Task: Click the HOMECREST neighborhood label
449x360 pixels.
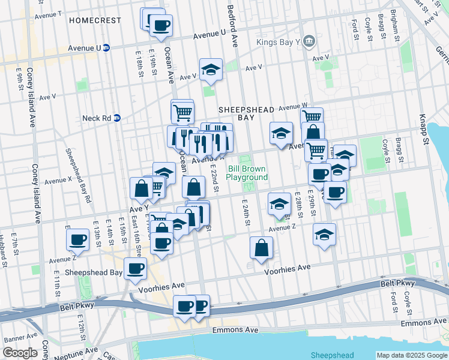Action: pos(95,20)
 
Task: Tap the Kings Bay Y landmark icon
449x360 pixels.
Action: pos(309,41)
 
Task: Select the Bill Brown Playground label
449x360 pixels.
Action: pos(247,173)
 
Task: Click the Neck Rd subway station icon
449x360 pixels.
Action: pos(118,118)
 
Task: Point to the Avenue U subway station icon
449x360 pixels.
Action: pos(106,47)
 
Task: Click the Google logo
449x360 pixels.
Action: pos(20,353)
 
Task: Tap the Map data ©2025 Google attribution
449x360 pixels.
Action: pos(412,355)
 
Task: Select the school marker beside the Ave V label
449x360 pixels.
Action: pos(211,70)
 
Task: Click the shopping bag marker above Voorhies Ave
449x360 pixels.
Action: pos(261,248)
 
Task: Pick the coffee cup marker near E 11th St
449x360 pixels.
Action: pos(77,240)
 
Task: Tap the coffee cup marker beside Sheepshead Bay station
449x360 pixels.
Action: pos(135,268)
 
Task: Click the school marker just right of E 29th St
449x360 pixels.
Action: pos(324,235)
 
